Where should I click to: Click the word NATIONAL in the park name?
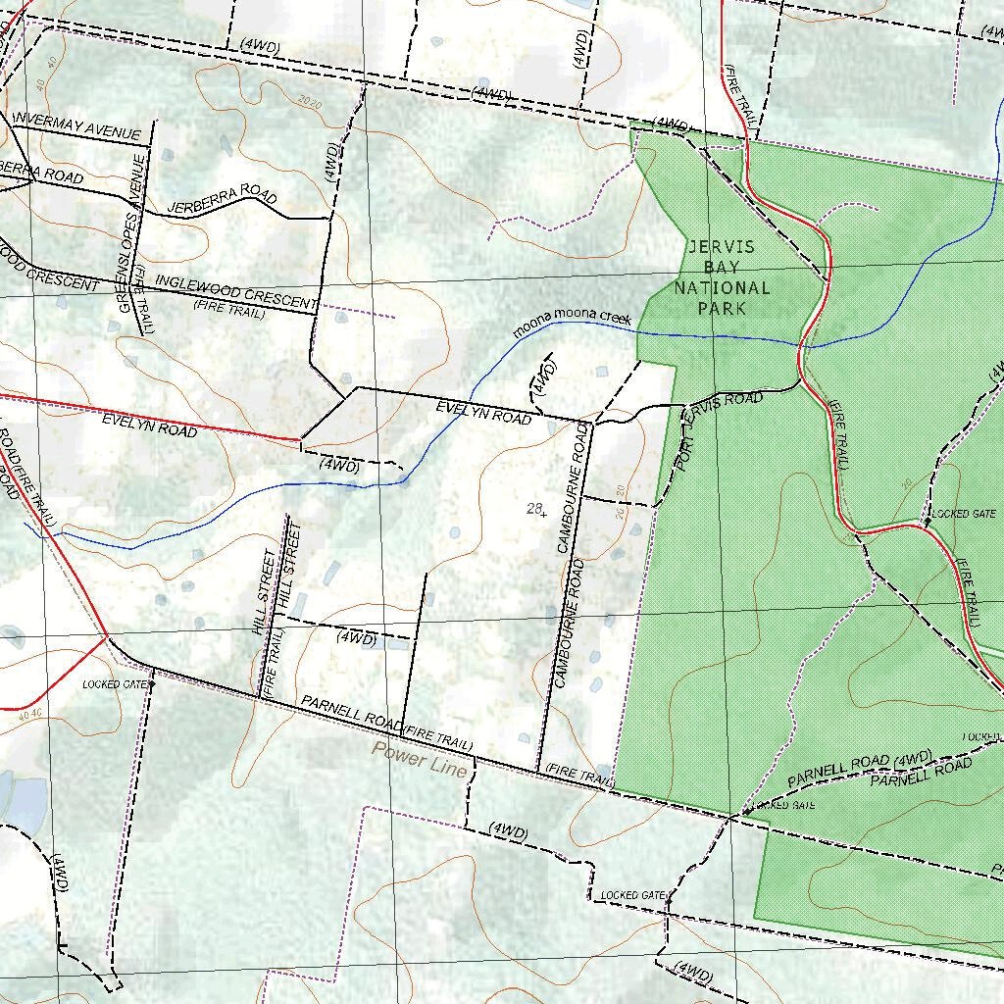(722, 287)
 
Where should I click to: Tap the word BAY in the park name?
(722, 267)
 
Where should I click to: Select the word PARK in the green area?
(722, 308)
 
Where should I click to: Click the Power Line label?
(419, 760)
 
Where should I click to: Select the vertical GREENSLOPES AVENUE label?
(131, 233)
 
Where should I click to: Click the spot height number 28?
(534, 508)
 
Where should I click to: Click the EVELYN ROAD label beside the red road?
(149, 425)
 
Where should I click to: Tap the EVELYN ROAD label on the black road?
(483, 412)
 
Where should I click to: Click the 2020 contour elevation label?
(309, 102)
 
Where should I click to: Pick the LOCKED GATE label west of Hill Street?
(115, 684)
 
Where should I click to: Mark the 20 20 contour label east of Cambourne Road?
(620, 502)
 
